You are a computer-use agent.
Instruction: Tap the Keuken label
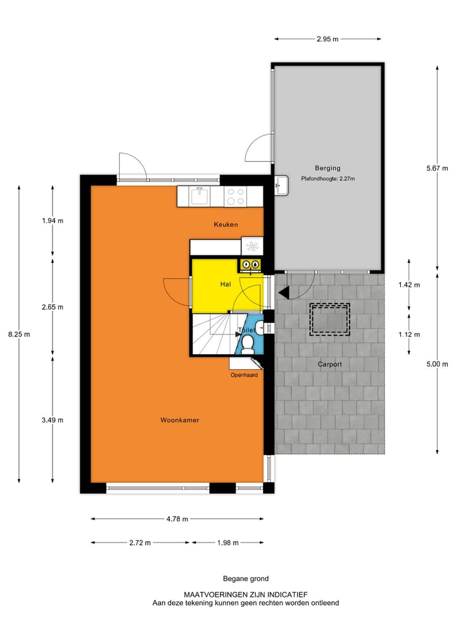[x=225, y=224]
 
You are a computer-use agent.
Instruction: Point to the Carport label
[x=329, y=364]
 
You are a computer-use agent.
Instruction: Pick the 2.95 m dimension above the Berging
[x=327, y=39]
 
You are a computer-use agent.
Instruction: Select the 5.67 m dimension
[x=437, y=168]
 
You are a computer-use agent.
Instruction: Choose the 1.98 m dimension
[x=228, y=542]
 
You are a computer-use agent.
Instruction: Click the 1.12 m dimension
[x=408, y=334]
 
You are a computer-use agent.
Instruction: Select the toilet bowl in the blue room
[x=248, y=344]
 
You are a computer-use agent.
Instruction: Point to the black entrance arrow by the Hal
[x=283, y=292]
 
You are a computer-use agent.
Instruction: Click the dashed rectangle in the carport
[x=329, y=319]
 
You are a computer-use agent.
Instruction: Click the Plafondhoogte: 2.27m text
[x=328, y=179]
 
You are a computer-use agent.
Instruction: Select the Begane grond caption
[x=246, y=579]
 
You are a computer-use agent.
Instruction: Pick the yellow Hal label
[x=225, y=285]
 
